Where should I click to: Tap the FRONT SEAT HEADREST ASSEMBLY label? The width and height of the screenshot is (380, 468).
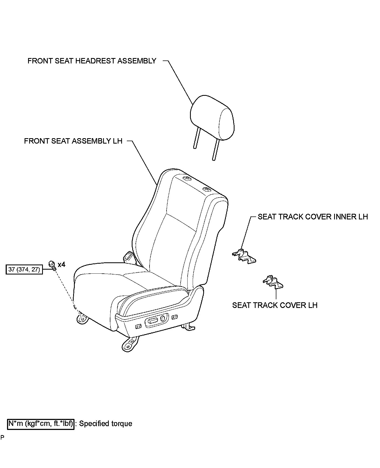92,61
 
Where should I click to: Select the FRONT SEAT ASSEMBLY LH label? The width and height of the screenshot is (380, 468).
73,141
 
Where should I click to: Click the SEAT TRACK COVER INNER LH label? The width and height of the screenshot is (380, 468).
313,217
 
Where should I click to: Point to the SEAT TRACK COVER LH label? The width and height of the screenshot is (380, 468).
275,305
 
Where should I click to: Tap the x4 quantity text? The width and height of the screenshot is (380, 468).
61,264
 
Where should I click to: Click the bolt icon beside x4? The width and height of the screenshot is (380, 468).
52,265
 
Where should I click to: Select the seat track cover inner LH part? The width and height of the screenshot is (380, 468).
244,255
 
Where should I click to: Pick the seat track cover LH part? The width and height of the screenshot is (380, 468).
273,282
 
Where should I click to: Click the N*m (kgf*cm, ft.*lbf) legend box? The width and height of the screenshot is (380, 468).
40,423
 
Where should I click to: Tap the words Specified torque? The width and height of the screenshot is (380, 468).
106,424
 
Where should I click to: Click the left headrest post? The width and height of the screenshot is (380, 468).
196,138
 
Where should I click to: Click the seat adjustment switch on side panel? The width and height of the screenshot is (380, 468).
153,321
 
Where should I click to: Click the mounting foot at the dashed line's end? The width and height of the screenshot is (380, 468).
82,319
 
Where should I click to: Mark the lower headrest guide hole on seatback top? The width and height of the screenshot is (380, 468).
206,189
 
